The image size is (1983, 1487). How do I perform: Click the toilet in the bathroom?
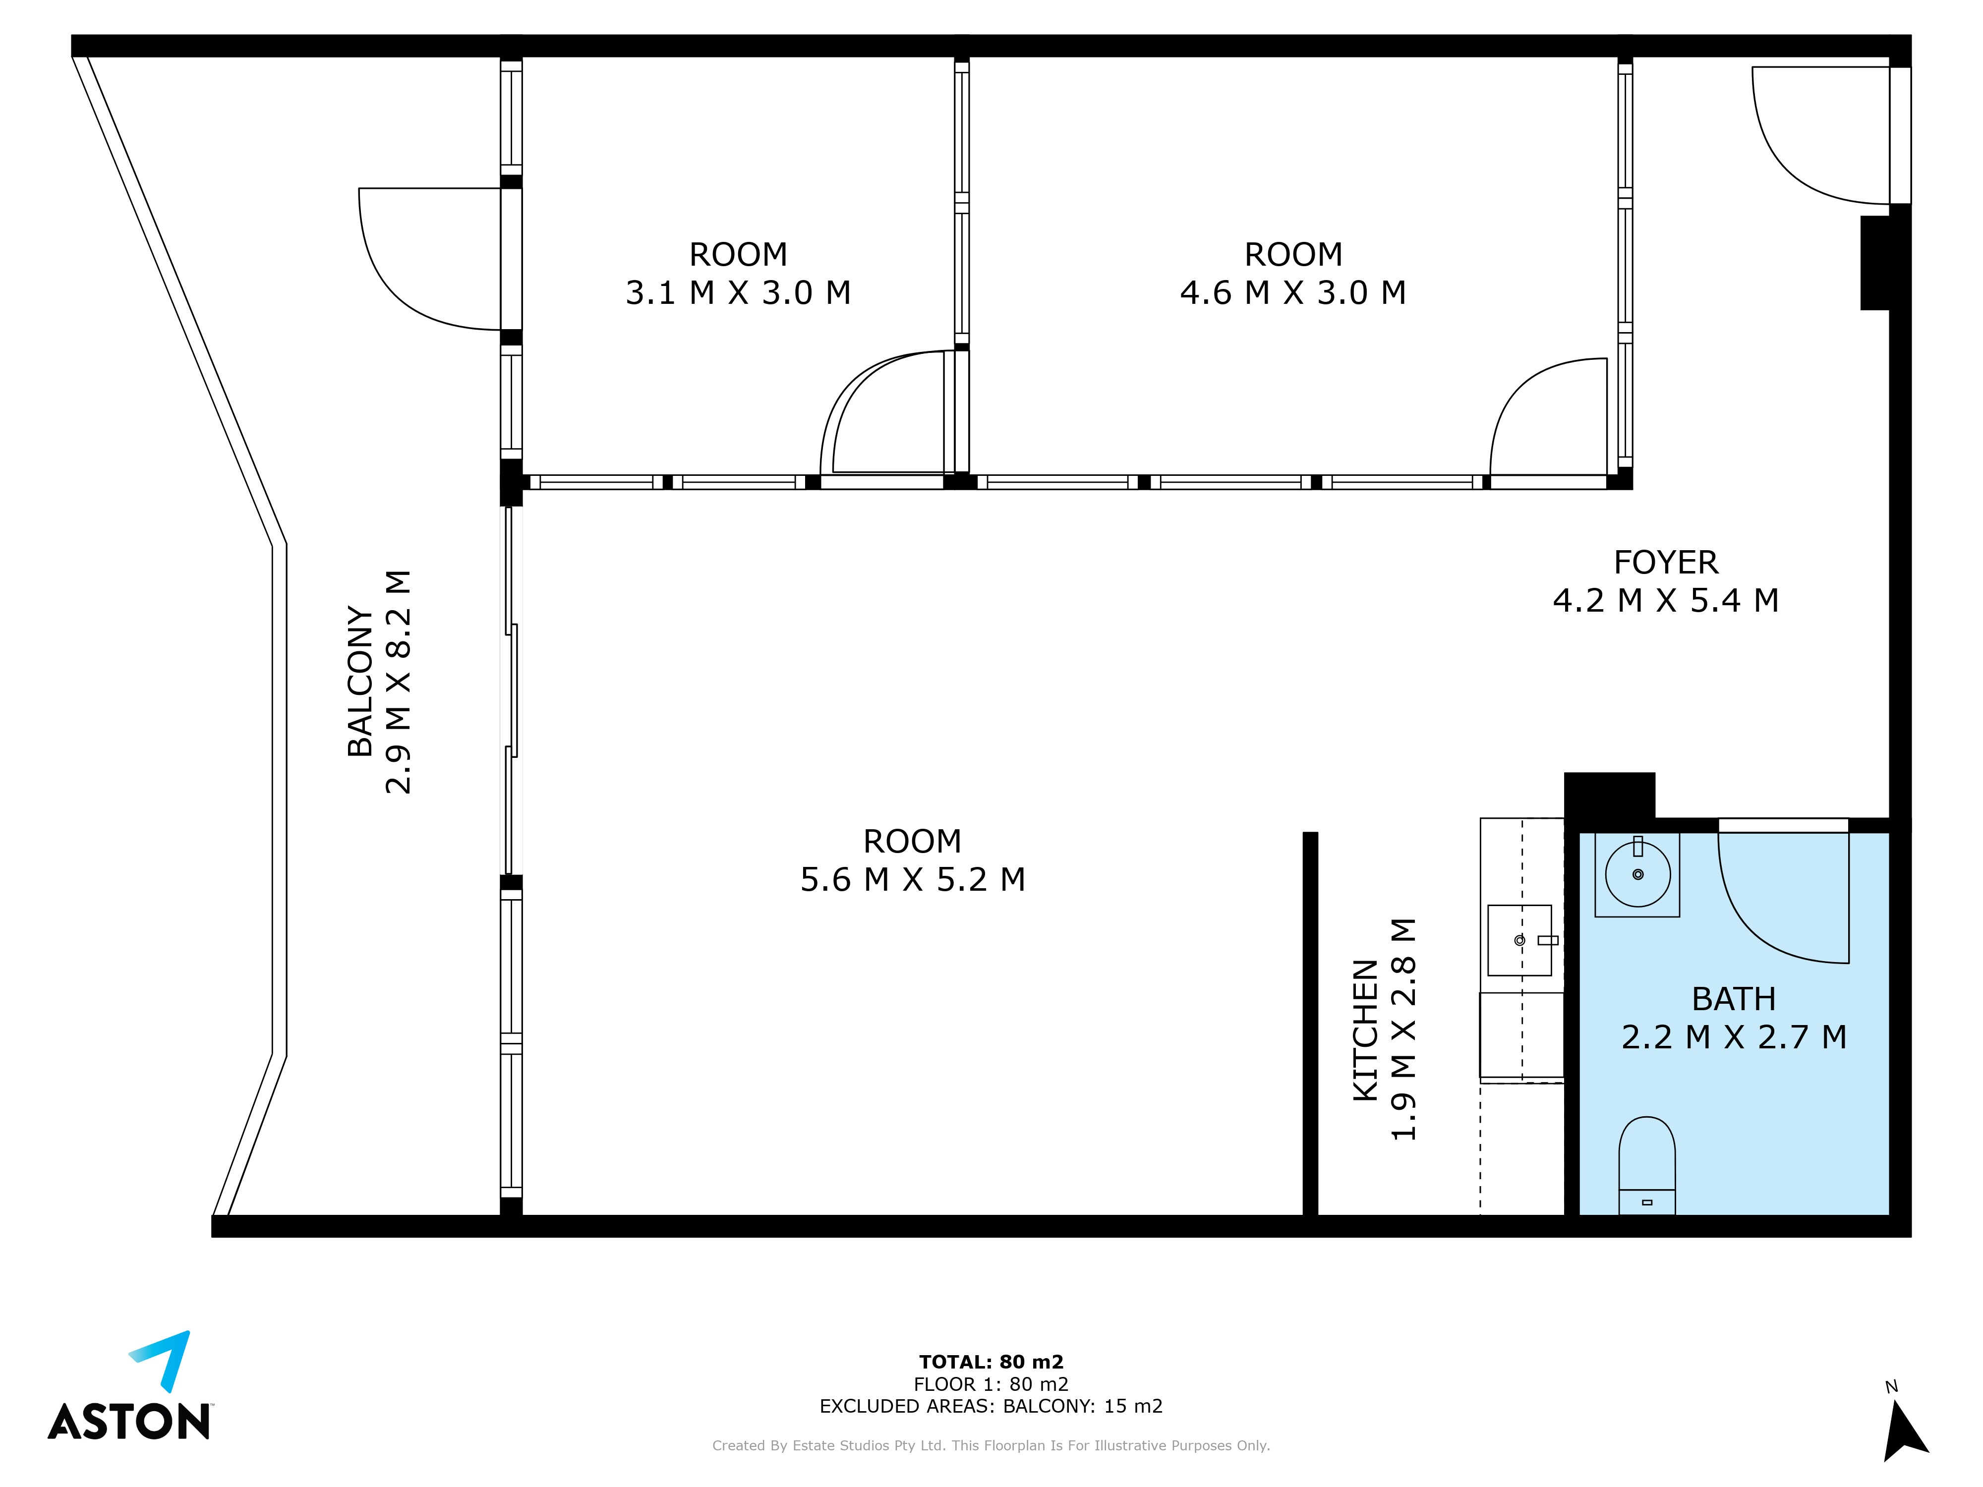pyautogui.click(x=1647, y=1165)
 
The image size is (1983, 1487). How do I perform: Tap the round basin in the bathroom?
pyautogui.click(x=1638, y=874)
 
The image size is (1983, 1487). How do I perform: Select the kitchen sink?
pyautogui.click(x=1519, y=939)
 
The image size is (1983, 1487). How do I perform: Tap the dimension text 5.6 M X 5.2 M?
pyautogui.click(x=913, y=879)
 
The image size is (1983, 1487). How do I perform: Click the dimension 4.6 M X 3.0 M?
pyautogui.click(x=1293, y=293)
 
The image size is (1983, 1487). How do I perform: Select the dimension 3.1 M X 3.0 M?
pyautogui.click(x=738, y=293)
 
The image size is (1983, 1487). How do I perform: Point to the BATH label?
pyautogui.click(x=1734, y=998)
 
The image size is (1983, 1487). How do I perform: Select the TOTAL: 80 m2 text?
pyautogui.click(x=991, y=1363)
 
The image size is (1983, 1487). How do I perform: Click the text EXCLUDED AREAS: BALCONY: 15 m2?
pyautogui.click(x=991, y=1406)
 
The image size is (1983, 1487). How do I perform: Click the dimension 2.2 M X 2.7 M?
pyautogui.click(x=1734, y=1037)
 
